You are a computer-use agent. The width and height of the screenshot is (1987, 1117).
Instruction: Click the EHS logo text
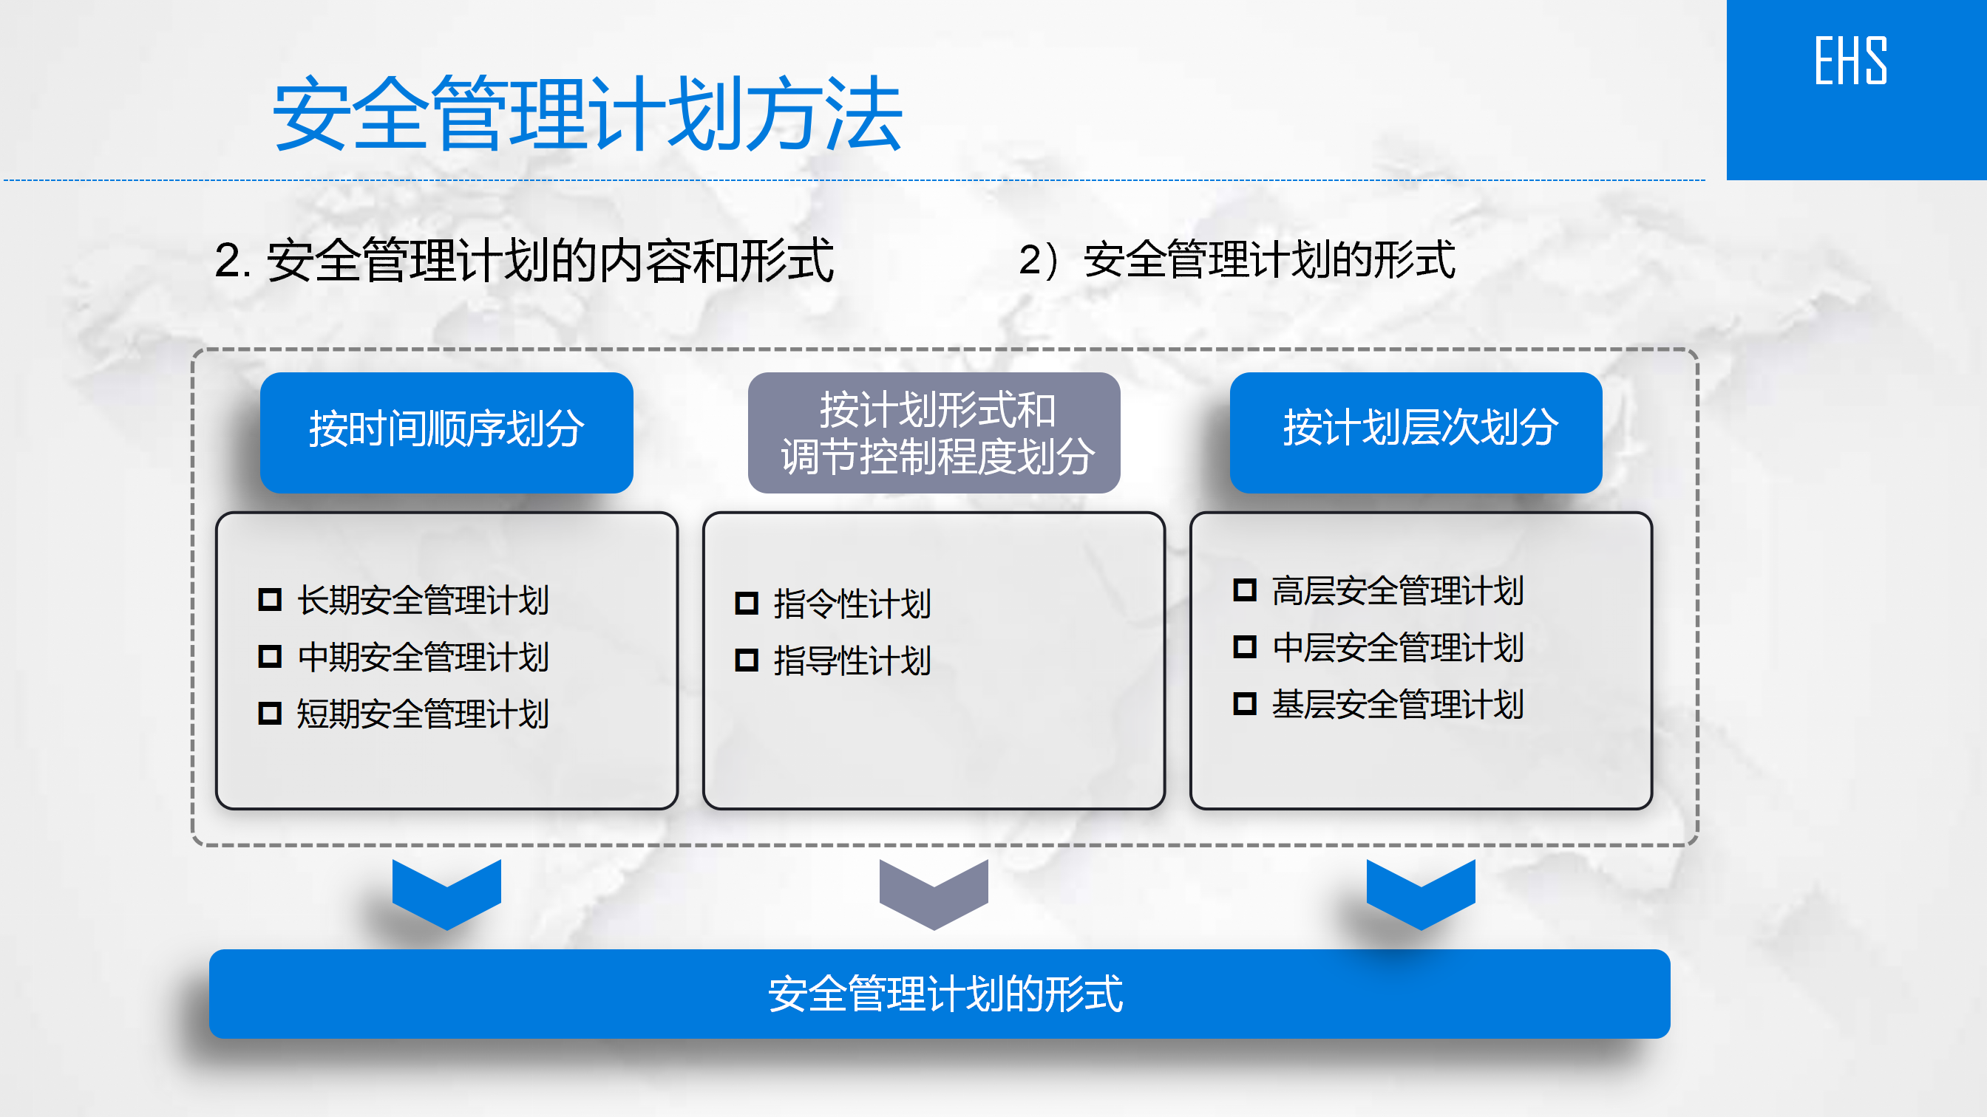pyautogui.click(x=1850, y=61)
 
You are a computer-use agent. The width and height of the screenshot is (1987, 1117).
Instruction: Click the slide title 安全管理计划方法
pyautogui.click(x=588, y=114)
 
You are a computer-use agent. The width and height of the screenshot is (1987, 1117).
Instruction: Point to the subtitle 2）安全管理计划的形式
pyautogui.click(x=1237, y=260)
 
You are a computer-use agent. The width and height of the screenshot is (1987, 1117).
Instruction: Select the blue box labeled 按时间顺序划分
pyautogui.click(x=446, y=432)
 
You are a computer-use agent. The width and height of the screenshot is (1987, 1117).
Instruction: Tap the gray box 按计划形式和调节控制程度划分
pyautogui.click(x=934, y=432)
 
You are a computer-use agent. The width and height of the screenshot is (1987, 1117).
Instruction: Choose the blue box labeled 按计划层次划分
pyautogui.click(x=1416, y=432)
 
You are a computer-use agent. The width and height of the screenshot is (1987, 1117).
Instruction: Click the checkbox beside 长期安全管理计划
pyautogui.click(x=269, y=599)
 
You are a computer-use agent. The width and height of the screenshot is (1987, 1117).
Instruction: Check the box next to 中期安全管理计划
pyautogui.click(x=269, y=656)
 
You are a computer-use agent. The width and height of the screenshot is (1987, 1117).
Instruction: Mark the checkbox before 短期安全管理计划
pyautogui.click(x=269, y=713)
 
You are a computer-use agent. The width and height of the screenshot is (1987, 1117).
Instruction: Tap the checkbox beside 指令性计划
pyautogui.click(x=747, y=603)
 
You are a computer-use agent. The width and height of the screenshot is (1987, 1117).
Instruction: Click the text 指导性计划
pyautogui.click(x=852, y=660)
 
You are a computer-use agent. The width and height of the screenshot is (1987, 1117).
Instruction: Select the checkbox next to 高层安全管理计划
pyautogui.click(x=1245, y=590)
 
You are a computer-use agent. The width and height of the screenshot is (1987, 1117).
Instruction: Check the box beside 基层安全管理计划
pyautogui.click(x=1245, y=704)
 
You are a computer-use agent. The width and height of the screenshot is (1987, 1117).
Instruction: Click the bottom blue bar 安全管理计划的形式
pyautogui.click(x=940, y=994)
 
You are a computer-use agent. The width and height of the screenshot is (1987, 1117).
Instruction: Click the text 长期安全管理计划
pyautogui.click(x=423, y=600)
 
